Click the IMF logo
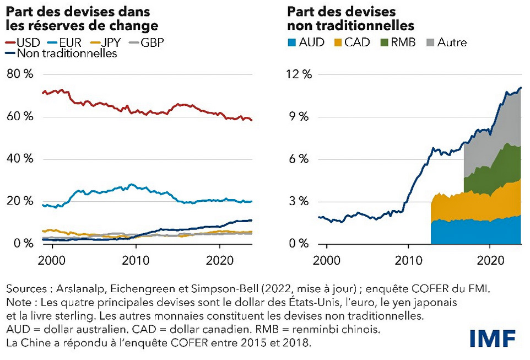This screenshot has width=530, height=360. (x=493, y=337)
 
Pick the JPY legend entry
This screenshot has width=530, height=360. (x=101, y=42)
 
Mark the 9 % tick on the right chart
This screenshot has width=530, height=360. (x=302, y=117)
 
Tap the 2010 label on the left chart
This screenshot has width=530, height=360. (x=136, y=259)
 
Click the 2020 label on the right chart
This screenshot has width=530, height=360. (x=490, y=259)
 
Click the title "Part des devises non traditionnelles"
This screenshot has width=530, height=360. (x=350, y=19)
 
